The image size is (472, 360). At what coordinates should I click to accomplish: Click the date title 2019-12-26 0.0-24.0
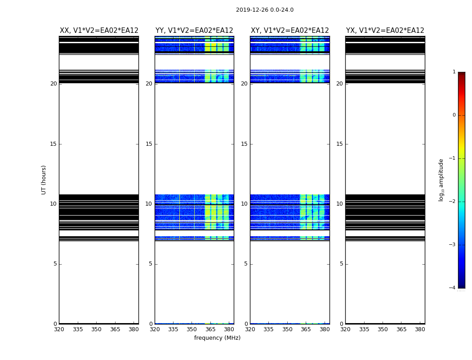(264, 10)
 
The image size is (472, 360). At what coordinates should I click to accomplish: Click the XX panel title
(99, 31)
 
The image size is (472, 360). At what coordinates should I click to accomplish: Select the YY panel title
(194, 31)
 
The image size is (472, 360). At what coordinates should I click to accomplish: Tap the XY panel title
(289, 31)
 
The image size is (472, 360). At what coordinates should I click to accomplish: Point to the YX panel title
(385, 31)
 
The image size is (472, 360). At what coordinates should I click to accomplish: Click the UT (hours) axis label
(44, 180)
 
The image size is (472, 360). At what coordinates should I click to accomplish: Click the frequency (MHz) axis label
(217, 338)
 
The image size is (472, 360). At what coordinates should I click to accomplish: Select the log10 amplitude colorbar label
(441, 180)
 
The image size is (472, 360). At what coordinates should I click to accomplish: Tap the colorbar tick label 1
(454, 72)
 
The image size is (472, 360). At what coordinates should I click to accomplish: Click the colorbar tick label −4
(453, 288)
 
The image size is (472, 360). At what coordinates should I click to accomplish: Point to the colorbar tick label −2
(453, 202)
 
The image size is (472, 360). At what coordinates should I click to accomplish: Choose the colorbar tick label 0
(454, 115)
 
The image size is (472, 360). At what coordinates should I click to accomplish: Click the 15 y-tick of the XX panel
(53, 144)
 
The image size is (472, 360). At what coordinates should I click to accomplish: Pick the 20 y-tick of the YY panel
(149, 84)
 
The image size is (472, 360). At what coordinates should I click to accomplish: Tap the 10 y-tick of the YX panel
(339, 204)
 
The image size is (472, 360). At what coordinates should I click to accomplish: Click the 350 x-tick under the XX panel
(96, 329)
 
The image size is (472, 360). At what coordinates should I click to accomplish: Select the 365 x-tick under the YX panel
(401, 329)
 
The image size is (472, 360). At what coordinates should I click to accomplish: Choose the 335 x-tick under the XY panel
(268, 329)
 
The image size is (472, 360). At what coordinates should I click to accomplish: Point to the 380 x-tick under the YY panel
(229, 329)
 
